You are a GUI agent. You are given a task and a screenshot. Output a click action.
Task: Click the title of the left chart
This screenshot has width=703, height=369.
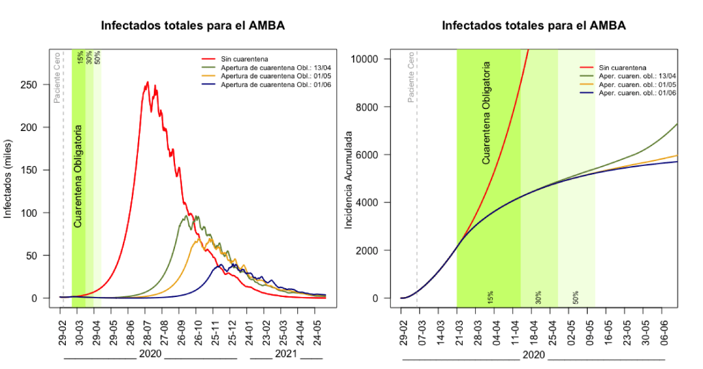click(x=193, y=26)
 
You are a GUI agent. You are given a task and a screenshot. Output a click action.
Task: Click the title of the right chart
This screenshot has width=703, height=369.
click(x=533, y=26)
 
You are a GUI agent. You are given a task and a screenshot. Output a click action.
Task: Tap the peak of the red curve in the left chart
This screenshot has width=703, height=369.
click(x=147, y=82)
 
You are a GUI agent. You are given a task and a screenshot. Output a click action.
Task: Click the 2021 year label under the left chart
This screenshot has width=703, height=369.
click(x=286, y=354)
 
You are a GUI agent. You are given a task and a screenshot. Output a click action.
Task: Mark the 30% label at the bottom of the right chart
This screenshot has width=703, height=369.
click(x=539, y=296)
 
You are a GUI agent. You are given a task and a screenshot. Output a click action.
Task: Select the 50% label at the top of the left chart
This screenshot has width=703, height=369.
click(x=98, y=58)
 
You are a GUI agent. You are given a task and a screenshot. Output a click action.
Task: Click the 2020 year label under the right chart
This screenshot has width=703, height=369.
click(x=533, y=354)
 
